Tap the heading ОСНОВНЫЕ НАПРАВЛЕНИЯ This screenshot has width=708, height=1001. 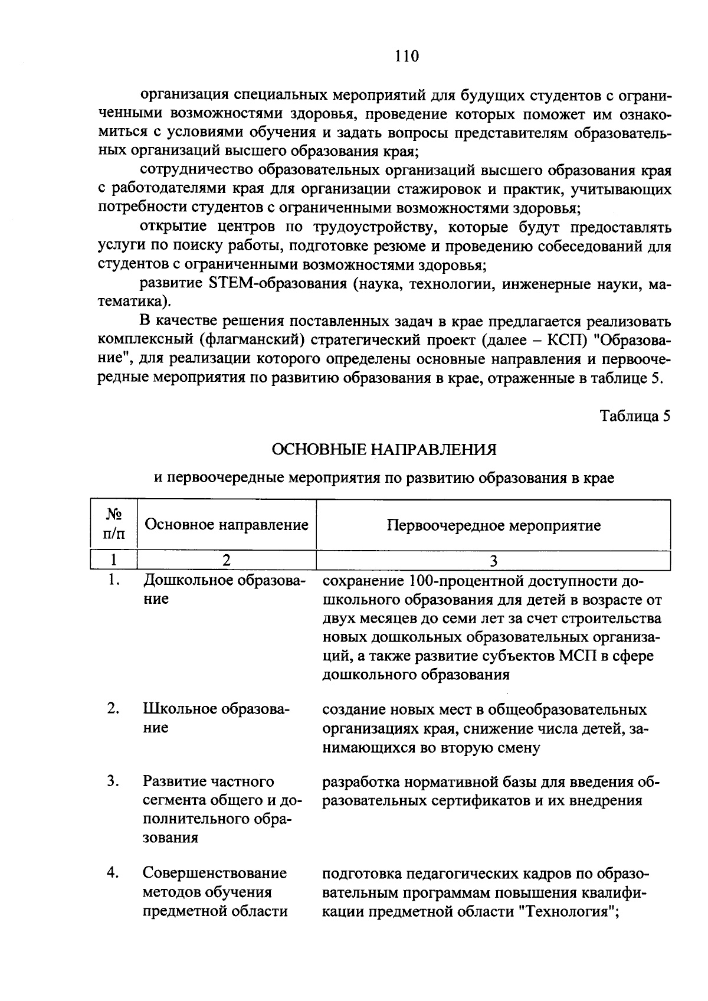tap(383, 450)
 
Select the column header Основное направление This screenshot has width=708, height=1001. tap(227, 525)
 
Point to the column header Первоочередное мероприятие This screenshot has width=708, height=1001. tap(493, 525)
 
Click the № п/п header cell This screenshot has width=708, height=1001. tap(114, 525)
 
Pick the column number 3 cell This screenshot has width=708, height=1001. tap(493, 560)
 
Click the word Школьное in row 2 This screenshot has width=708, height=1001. tap(179, 709)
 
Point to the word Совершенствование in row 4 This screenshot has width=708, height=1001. tap(215, 872)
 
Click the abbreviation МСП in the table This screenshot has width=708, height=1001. tap(579, 656)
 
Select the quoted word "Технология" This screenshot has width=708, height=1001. tap(567, 911)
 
